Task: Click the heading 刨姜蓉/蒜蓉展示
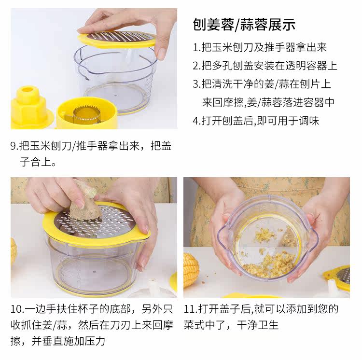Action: tap(244, 25)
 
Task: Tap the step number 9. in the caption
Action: tap(14, 146)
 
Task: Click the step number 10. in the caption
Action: tap(17, 309)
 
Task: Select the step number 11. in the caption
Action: tap(191, 309)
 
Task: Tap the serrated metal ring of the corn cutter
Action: tap(86, 113)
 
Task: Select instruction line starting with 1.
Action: tap(260, 47)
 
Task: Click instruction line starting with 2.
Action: tap(265, 66)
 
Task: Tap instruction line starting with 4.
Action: tap(256, 121)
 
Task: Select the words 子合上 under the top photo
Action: tap(35, 162)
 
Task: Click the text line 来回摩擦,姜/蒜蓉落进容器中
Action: tap(268, 102)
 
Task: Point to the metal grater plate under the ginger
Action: tap(97, 222)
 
